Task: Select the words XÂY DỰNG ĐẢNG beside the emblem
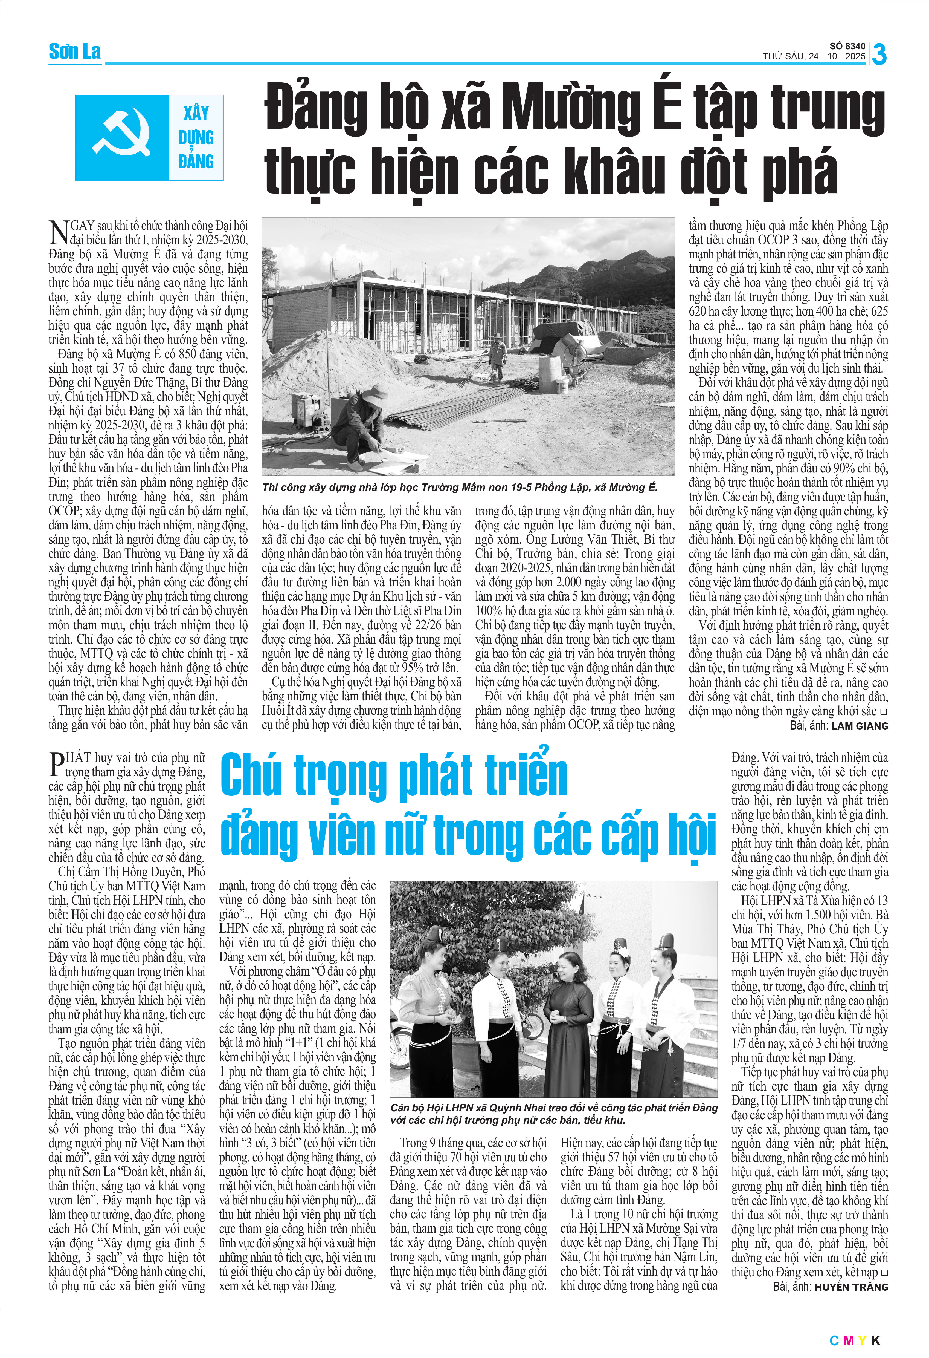tap(196, 137)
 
